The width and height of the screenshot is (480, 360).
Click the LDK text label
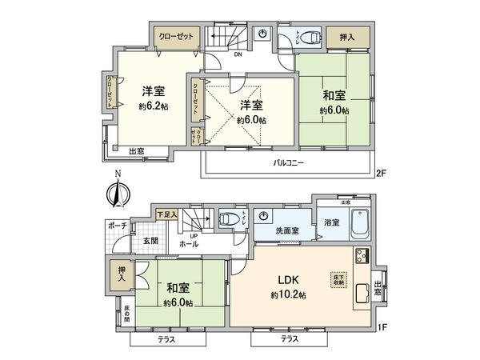tap(288, 280)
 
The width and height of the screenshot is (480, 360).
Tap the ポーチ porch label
tap(118, 226)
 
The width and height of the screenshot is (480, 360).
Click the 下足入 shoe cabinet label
tap(166, 214)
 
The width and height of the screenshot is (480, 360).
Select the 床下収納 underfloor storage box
tap(338, 280)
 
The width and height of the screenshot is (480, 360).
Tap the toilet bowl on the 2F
tap(310, 37)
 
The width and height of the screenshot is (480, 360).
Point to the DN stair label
tap(238, 55)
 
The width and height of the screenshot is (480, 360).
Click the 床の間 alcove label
tap(126, 310)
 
